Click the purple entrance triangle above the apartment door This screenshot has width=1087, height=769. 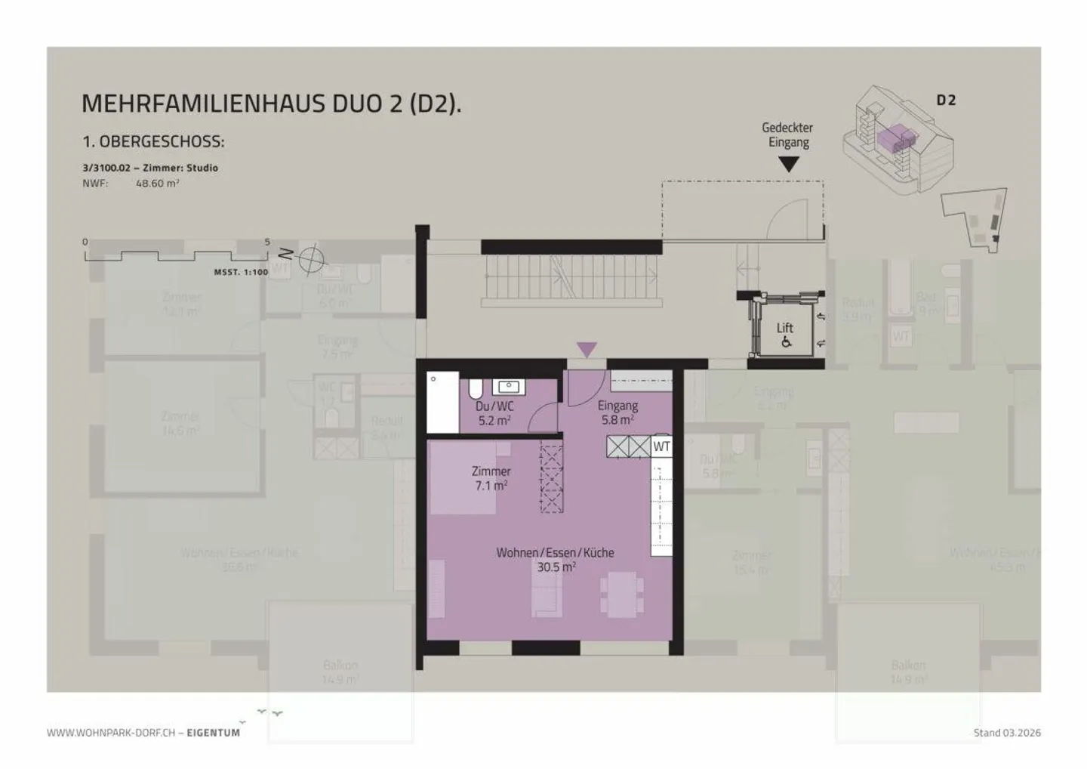(x=587, y=350)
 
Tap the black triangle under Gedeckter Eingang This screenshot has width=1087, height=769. (x=788, y=163)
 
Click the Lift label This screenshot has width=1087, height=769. (x=785, y=328)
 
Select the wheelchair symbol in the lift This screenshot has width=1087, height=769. (x=786, y=342)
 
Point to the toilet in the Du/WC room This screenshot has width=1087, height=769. (x=476, y=389)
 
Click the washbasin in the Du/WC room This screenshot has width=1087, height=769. (x=509, y=388)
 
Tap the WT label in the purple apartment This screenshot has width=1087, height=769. (x=661, y=446)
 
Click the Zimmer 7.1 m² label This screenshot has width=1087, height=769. (x=491, y=478)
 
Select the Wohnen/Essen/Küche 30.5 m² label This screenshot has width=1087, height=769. (x=555, y=560)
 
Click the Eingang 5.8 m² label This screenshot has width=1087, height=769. (x=617, y=412)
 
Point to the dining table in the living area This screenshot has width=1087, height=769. (x=622, y=594)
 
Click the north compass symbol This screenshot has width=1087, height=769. (x=310, y=259)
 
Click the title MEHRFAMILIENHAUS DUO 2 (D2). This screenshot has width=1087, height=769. (x=271, y=103)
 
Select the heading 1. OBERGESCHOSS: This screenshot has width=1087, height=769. (x=153, y=142)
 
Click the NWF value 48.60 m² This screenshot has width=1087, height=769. (x=157, y=184)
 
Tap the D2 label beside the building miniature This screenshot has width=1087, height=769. (x=946, y=100)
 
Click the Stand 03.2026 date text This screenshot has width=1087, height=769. (x=1007, y=733)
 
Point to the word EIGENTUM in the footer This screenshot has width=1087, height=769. (x=214, y=733)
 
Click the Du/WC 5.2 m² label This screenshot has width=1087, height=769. (x=494, y=413)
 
